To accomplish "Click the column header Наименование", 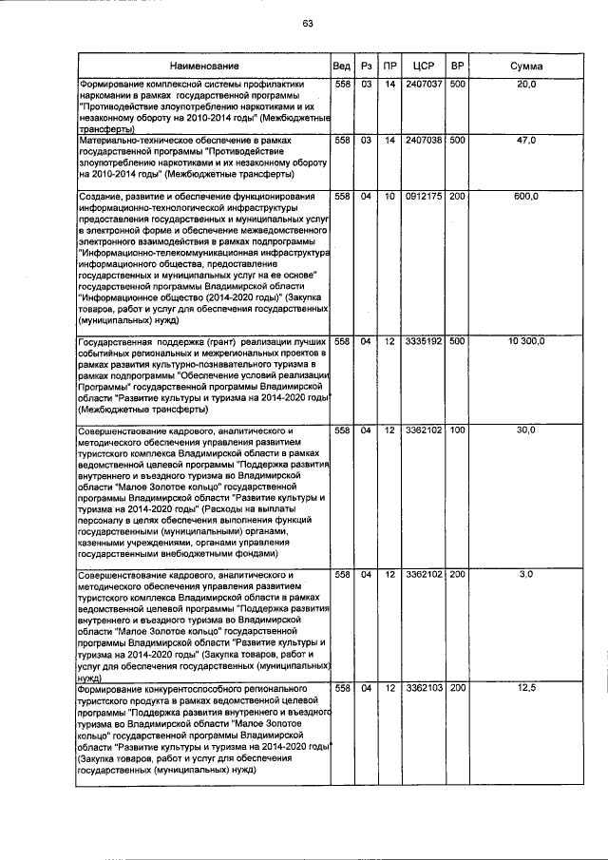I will [204, 67].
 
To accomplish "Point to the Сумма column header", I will [526, 67].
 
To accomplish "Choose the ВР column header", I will [457, 67].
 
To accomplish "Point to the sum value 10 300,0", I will [526, 340].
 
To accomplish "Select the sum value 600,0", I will [526, 196].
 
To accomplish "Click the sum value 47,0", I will [526, 140].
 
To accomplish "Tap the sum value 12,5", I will [526, 687].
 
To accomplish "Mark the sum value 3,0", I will [526, 575].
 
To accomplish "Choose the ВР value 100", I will [457, 430].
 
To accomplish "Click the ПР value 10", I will [389, 196].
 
